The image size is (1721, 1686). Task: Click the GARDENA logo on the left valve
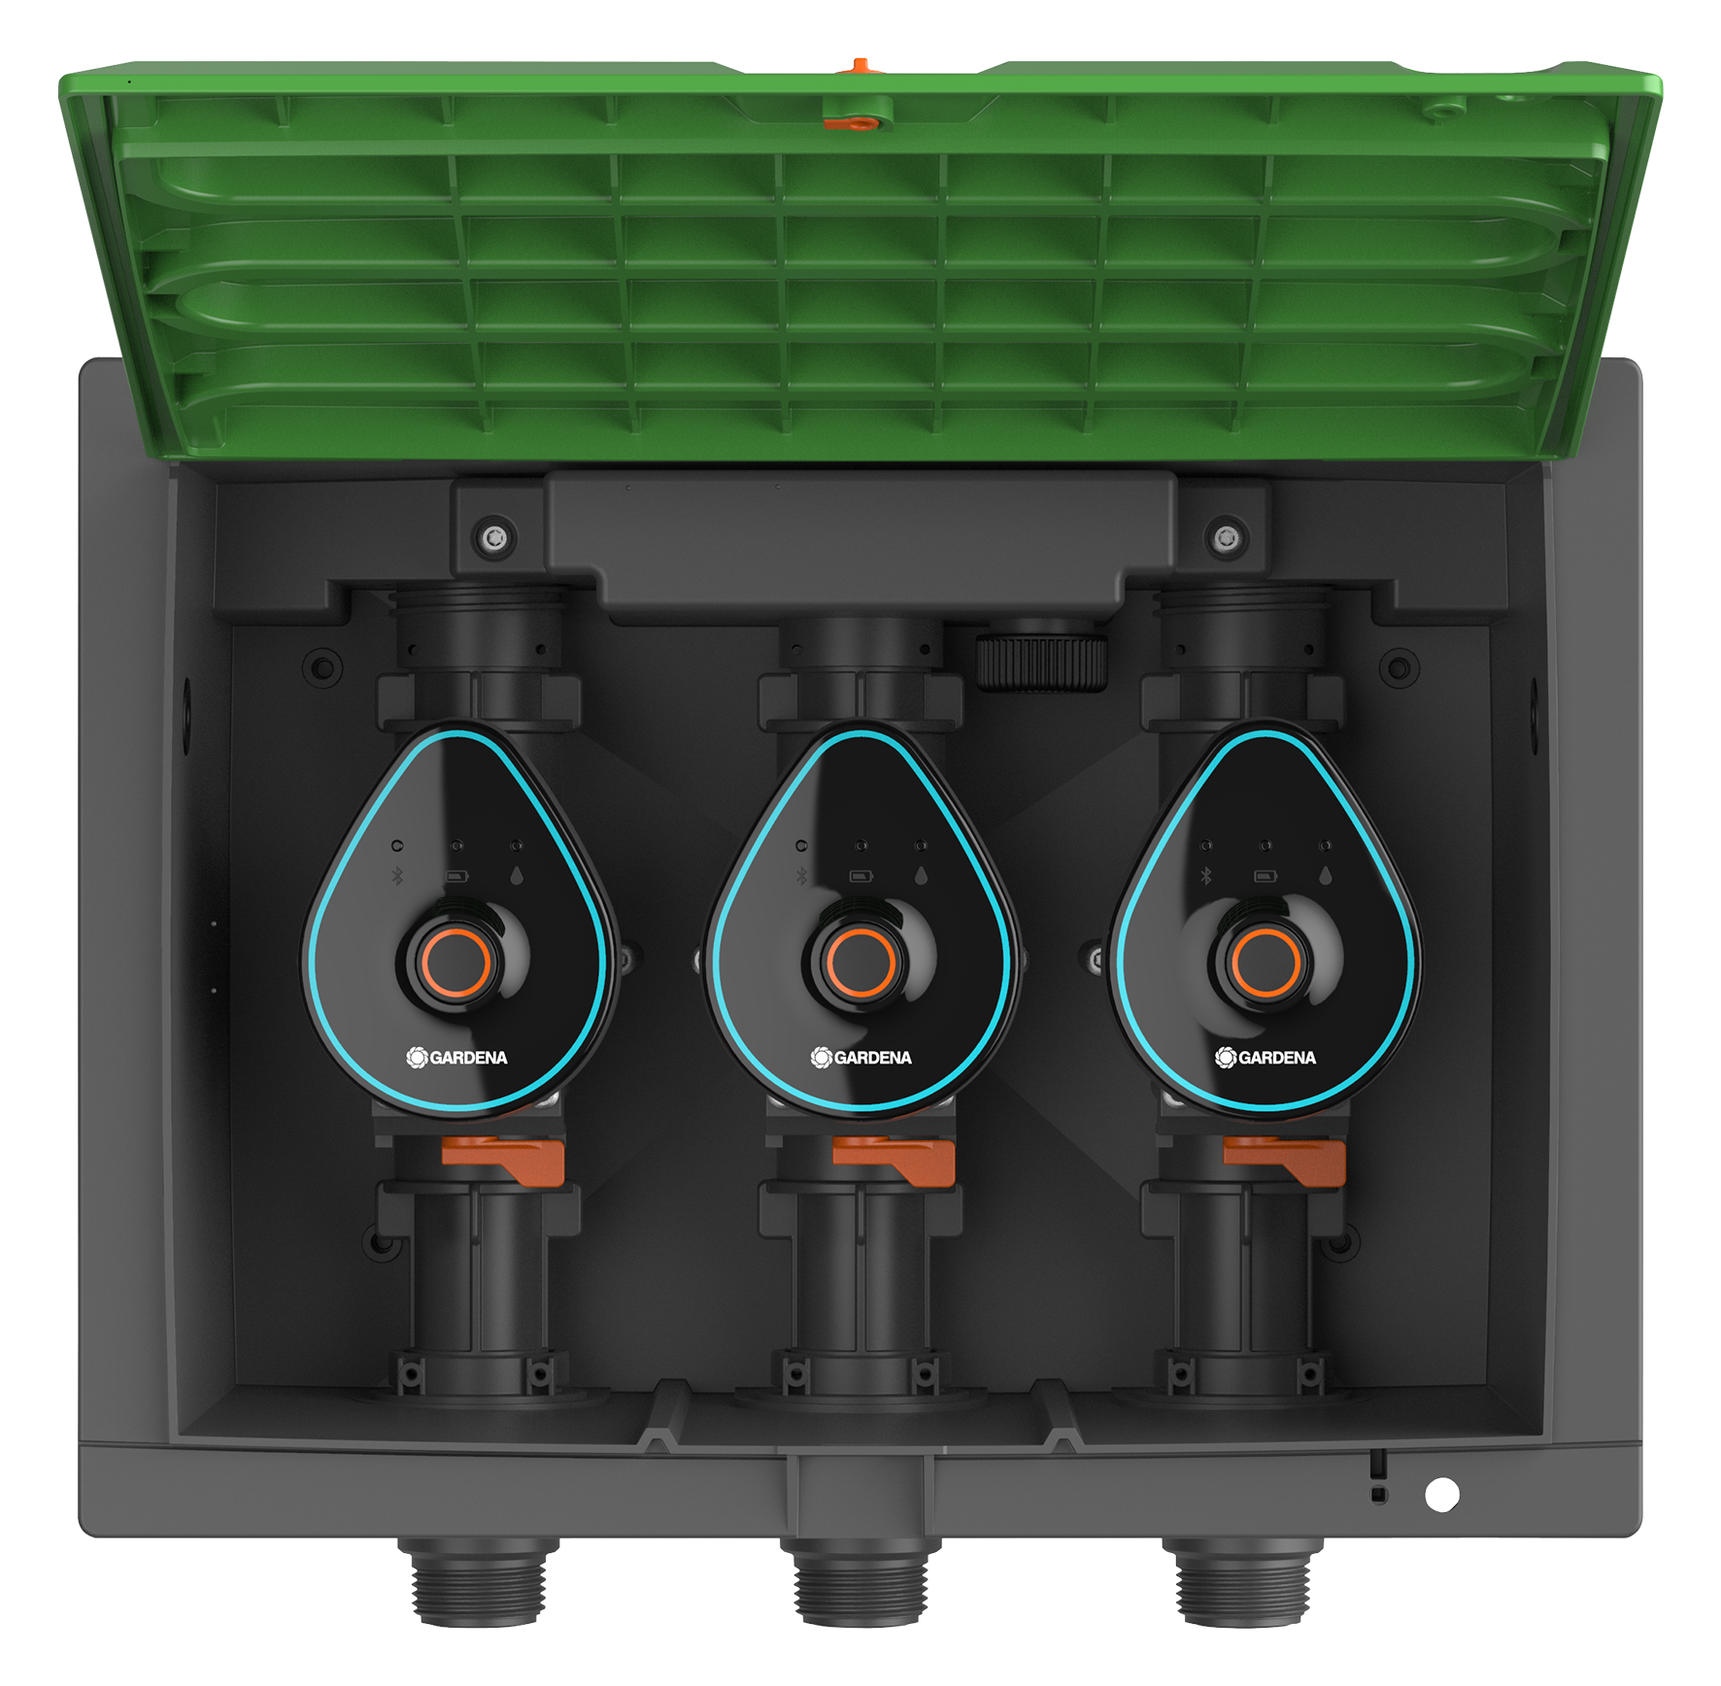pyautogui.click(x=457, y=1058)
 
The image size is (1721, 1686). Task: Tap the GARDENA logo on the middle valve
pyautogui.click(x=861, y=1058)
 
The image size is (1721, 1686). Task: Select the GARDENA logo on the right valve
pyautogui.click(x=1265, y=1058)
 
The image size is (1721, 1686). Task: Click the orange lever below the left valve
pyautogui.click(x=504, y=1160)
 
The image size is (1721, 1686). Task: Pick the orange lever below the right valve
pyautogui.click(x=1285, y=1160)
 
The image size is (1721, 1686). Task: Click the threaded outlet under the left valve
pyautogui.click(x=476, y=1584)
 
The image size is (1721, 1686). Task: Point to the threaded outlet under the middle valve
pyautogui.click(x=859, y=1584)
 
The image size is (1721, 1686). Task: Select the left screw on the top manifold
pyautogui.click(x=495, y=536)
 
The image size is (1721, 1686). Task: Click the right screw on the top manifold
pyautogui.click(x=1226, y=536)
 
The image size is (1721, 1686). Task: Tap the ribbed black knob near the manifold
pyautogui.click(x=1041, y=662)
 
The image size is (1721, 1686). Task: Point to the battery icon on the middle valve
pyautogui.click(x=860, y=877)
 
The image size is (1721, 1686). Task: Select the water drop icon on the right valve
pyautogui.click(x=1325, y=875)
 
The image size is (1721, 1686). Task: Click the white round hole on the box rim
pyautogui.click(x=1441, y=1495)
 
